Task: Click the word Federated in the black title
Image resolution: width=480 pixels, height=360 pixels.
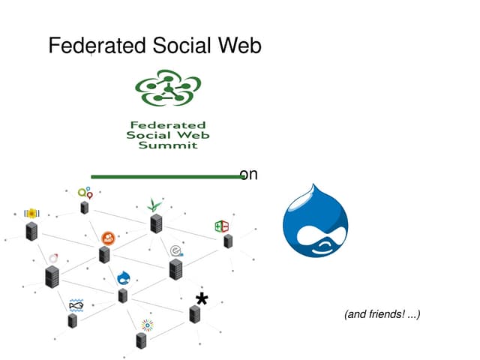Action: (97, 46)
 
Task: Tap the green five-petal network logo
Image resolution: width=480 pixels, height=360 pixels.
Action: (168, 88)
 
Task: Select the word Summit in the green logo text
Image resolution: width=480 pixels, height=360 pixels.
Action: (168, 145)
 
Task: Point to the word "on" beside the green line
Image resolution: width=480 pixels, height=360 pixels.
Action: (249, 175)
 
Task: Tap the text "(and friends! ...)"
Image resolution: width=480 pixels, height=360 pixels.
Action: (382, 314)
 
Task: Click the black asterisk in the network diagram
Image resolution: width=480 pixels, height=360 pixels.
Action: (201, 299)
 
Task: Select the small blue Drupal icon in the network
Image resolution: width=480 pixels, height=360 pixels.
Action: (124, 277)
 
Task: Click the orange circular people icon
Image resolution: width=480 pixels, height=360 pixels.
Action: (108, 238)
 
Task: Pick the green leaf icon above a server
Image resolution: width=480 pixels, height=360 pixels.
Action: (154, 204)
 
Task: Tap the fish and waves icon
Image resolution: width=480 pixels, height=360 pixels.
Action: (76, 304)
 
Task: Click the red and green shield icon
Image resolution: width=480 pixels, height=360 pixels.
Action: (222, 226)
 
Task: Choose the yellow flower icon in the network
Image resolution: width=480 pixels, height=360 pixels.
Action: (31, 213)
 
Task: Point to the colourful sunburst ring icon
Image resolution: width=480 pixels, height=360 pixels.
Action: (147, 325)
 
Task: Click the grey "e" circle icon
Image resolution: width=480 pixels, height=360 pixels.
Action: (176, 250)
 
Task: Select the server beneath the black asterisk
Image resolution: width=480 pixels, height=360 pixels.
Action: (195, 315)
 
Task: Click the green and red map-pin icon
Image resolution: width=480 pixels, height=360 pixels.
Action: (85, 193)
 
